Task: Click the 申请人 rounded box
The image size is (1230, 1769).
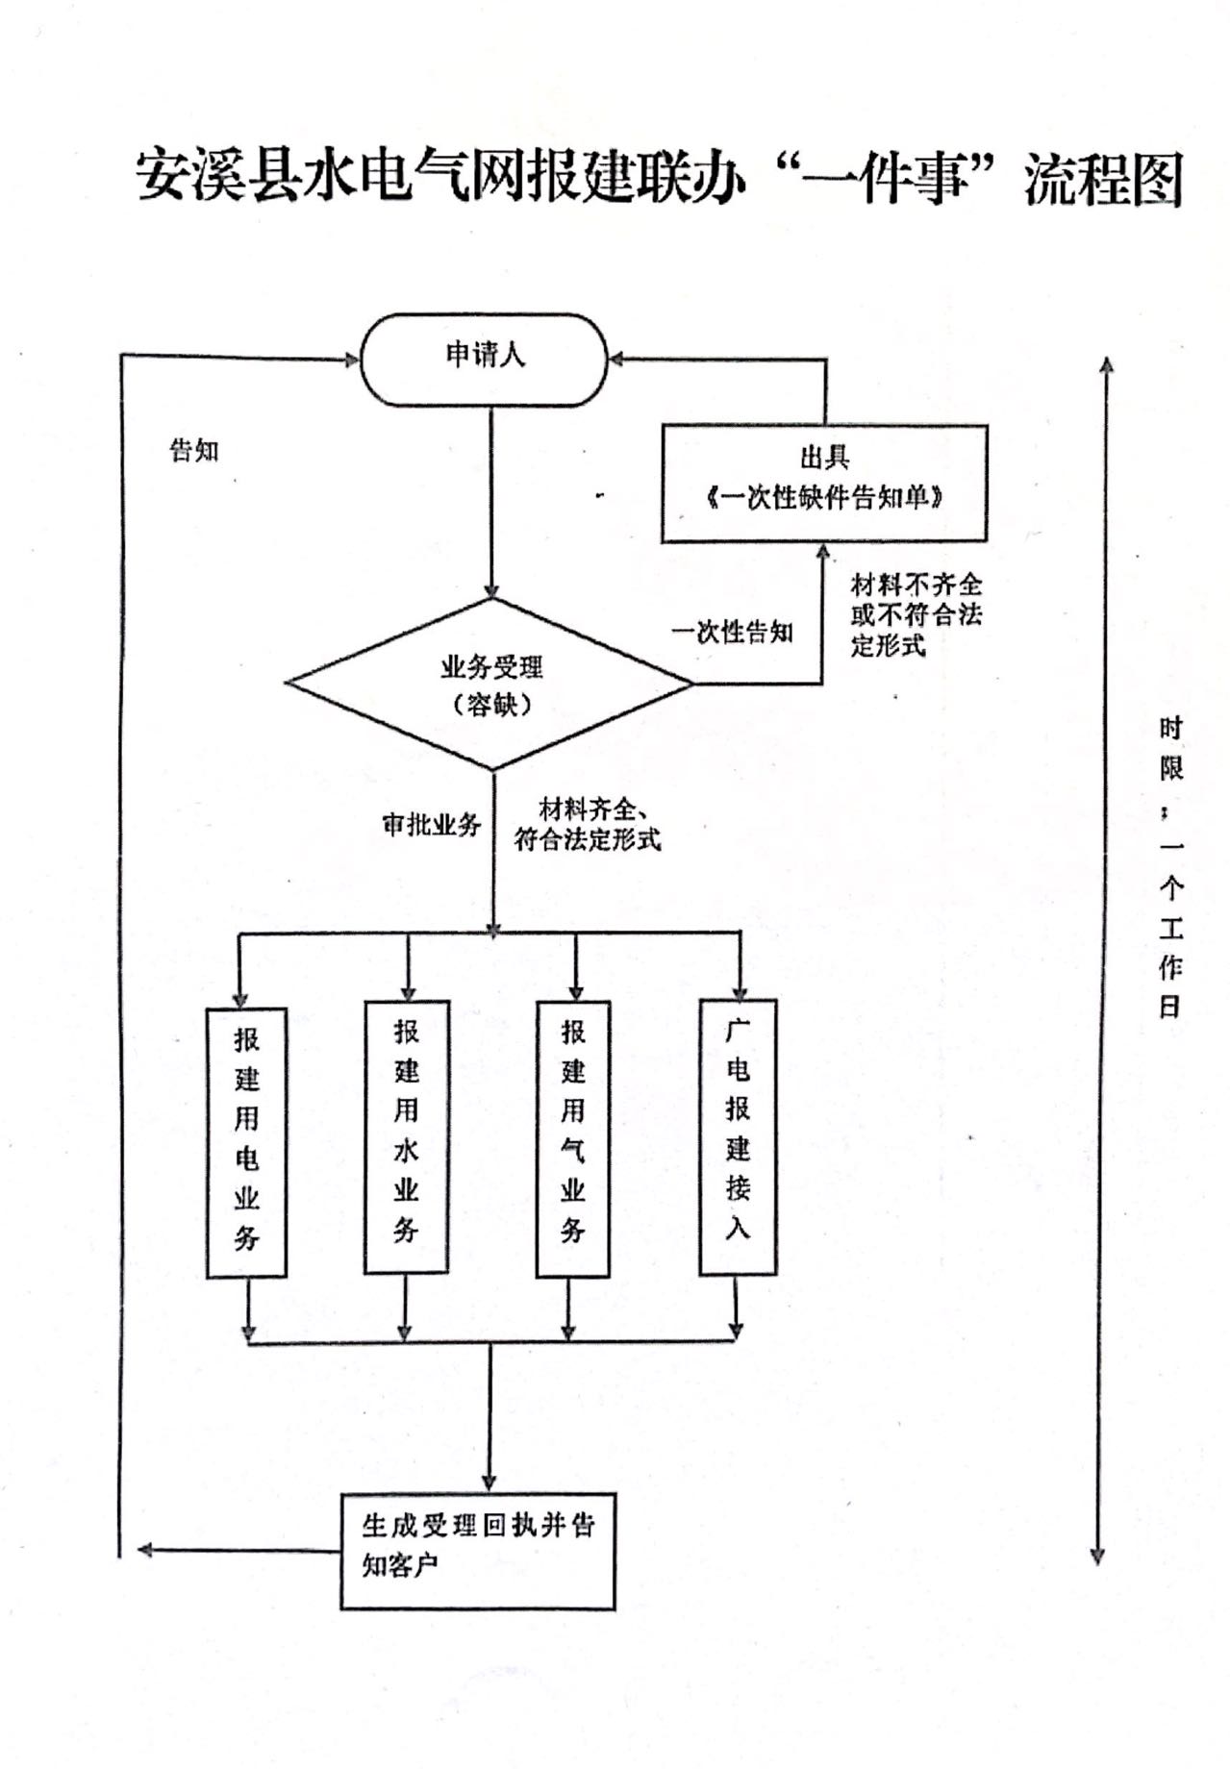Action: point(484,359)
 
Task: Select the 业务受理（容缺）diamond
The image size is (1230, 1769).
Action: point(490,684)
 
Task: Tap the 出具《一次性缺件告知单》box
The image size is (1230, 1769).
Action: point(824,482)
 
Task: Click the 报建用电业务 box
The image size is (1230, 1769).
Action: point(247,1142)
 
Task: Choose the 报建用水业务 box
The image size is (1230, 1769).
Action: point(407,1136)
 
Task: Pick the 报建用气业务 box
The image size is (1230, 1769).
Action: point(573,1138)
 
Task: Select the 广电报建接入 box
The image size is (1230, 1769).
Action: point(738,1136)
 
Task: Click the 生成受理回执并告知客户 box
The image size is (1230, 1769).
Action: point(478,1550)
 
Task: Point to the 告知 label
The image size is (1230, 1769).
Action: point(194,450)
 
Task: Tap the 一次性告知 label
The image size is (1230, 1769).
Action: point(732,632)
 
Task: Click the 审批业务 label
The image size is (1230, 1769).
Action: point(431,824)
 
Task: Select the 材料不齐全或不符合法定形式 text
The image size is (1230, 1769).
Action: point(916,613)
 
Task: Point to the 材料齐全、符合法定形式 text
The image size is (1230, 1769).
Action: point(588,824)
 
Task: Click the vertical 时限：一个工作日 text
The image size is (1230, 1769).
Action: point(1169,865)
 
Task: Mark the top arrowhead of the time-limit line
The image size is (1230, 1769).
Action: point(1107,366)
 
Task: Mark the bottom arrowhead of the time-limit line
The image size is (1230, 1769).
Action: point(1097,1555)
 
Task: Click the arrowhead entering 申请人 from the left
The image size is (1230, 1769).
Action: point(351,361)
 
